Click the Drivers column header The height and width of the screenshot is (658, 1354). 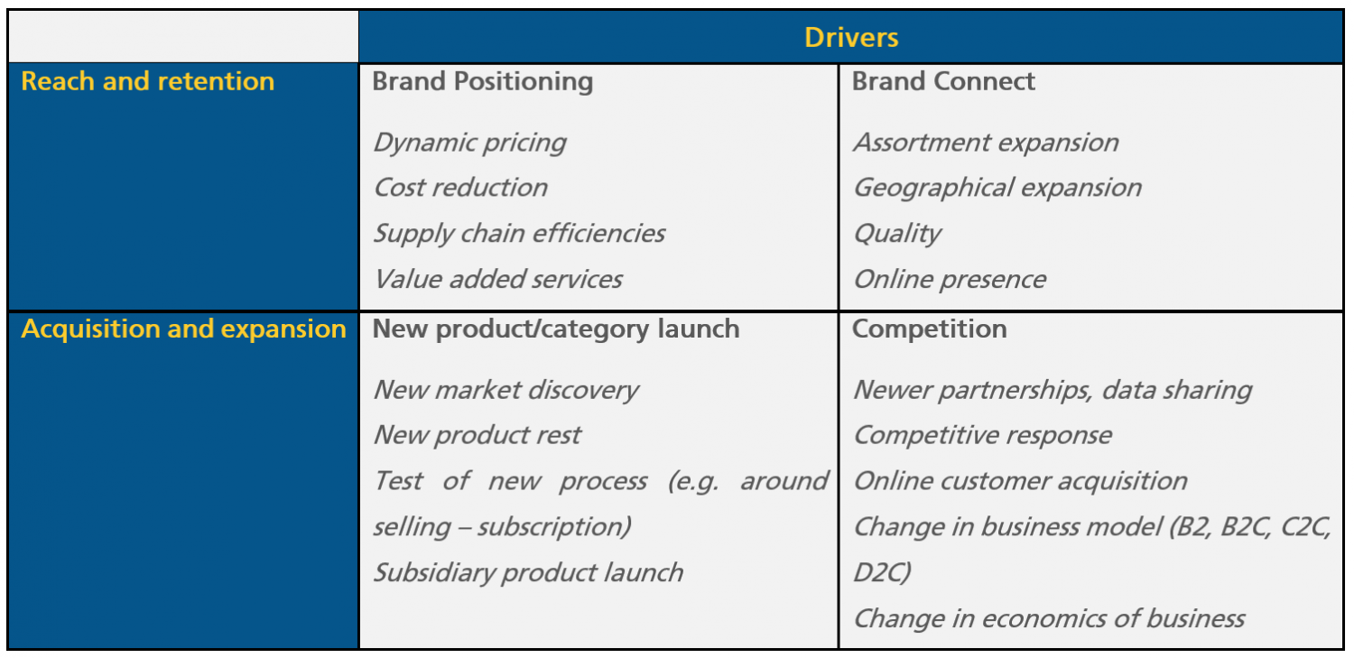[x=851, y=38]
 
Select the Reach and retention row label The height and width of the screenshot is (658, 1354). [x=147, y=81]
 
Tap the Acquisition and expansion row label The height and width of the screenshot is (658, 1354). [x=183, y=329]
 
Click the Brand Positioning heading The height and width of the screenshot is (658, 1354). [x=483, y=81]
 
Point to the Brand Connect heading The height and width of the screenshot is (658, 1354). [x=943, y=81]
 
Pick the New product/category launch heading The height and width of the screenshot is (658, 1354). [x=556, y=329]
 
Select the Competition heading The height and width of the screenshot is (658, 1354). [x=929, y=329]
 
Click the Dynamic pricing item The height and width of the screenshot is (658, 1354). [x=469, y=143]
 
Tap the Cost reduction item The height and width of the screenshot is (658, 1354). [x=460, y=188]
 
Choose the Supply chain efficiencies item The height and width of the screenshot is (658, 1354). [x=519, y=233]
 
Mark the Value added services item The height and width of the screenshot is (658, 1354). [x=497, y=279]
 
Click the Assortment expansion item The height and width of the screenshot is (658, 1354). [x=986, y=143]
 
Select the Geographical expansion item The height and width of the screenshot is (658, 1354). [x=997, y=188]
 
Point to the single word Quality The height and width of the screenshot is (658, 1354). [x=897, y=233]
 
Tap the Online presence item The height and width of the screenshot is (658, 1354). [x=950, y=279]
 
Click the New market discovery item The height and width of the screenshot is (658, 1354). [x=505, y=390]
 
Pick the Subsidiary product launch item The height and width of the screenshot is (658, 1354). [x=528, y=572]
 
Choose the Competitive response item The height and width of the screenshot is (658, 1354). [x=982, y=435]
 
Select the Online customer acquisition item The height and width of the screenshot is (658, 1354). [x=1020, y=481]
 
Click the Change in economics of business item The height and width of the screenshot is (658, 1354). [x=1049, y=618]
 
